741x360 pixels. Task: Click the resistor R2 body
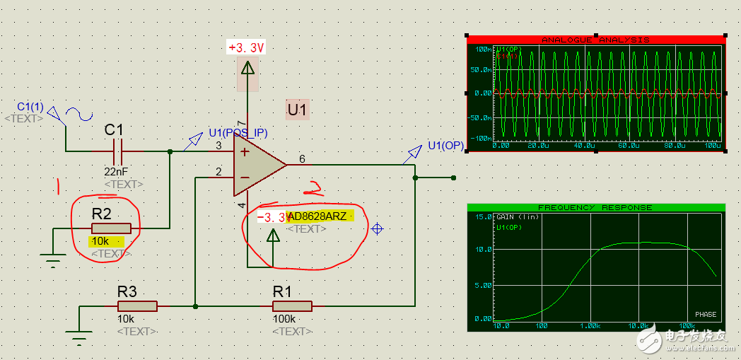click(x=111, y=228)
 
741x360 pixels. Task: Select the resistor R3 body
click(x=136, y=306)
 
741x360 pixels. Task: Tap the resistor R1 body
click(x=292, y=306)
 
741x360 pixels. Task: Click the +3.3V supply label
click(x=246, y=48)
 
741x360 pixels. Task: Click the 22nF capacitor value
click(x=116, y=172)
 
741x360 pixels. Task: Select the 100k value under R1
click(x=284, y=319)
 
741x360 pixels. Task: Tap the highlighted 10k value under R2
click(x=100, y=241)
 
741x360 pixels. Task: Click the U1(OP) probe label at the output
click(x=445, y=146)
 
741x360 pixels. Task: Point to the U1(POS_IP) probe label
click(x=238, y=133)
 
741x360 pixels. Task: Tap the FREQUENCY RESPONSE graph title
click(x=595, y=208)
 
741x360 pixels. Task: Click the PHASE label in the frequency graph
click(x=705, y=315)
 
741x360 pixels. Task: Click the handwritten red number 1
click(x=59, y=186)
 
